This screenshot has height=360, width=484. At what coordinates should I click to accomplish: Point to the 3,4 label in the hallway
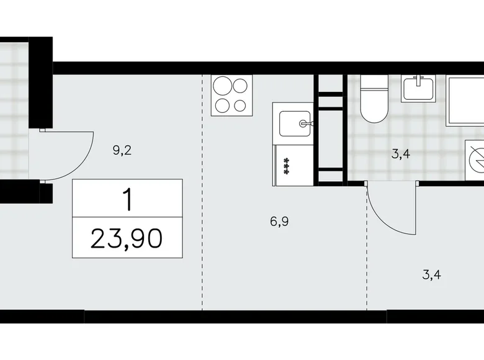pyautogui.click(x=431, y=274)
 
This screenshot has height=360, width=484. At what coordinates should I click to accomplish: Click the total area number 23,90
pyautogui.click(x=127, y=238)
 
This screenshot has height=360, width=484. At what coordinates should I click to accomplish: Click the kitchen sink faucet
pyautogui.click(x=305, y=124)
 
